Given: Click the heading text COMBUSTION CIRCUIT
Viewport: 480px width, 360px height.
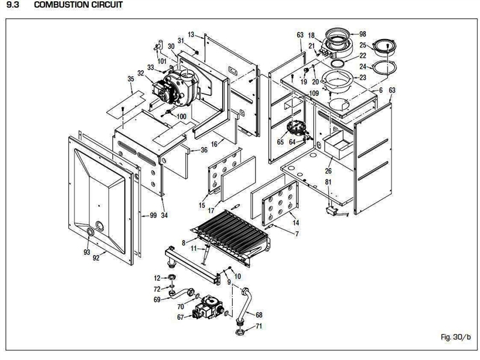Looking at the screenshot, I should (x=71, y=5).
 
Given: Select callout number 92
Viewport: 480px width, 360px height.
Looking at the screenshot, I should (x=95, y=259).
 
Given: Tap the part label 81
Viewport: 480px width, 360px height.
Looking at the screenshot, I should (x=328, y=182).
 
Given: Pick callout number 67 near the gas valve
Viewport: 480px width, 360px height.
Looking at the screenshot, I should (x=179, y=317).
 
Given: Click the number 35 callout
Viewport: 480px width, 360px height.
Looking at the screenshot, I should (x=131, y=79).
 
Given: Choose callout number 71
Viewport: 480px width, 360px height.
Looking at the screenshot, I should (x=259, y=326).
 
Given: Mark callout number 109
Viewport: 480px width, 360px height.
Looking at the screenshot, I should (x=314, y=94).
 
